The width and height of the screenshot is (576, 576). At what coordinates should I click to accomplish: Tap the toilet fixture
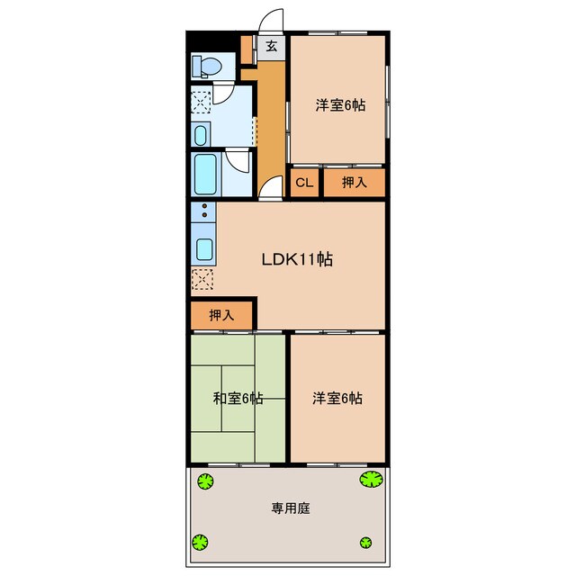207,66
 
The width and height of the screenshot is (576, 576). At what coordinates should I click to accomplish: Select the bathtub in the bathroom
205,175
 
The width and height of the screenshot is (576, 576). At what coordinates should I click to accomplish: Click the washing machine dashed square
203,101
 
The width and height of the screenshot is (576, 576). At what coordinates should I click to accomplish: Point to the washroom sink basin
201,135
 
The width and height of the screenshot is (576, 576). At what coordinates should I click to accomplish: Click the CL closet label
304,183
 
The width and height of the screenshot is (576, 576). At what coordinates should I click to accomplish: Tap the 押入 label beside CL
355,183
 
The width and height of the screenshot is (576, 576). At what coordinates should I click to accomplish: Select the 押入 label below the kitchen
221,316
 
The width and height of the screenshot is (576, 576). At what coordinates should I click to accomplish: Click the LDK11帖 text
298,259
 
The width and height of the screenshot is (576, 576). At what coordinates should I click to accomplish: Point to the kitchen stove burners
203,213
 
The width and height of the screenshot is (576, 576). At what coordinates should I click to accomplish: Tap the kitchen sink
204,249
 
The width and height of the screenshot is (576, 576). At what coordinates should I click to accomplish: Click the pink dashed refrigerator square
203,280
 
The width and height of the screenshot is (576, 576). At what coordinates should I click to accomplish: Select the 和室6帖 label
238,398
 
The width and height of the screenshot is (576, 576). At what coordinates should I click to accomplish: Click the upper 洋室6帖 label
339,104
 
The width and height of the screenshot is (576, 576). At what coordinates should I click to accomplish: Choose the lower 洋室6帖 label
337,398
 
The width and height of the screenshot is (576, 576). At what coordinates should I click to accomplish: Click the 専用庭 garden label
291,508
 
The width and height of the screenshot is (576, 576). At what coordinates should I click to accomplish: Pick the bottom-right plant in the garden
365,541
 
